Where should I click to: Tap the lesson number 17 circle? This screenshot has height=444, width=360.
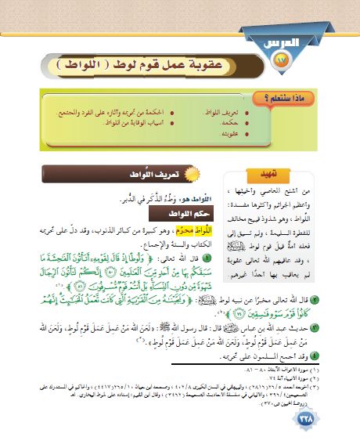point(283,59)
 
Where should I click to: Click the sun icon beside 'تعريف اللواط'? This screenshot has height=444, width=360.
point(195,173)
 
